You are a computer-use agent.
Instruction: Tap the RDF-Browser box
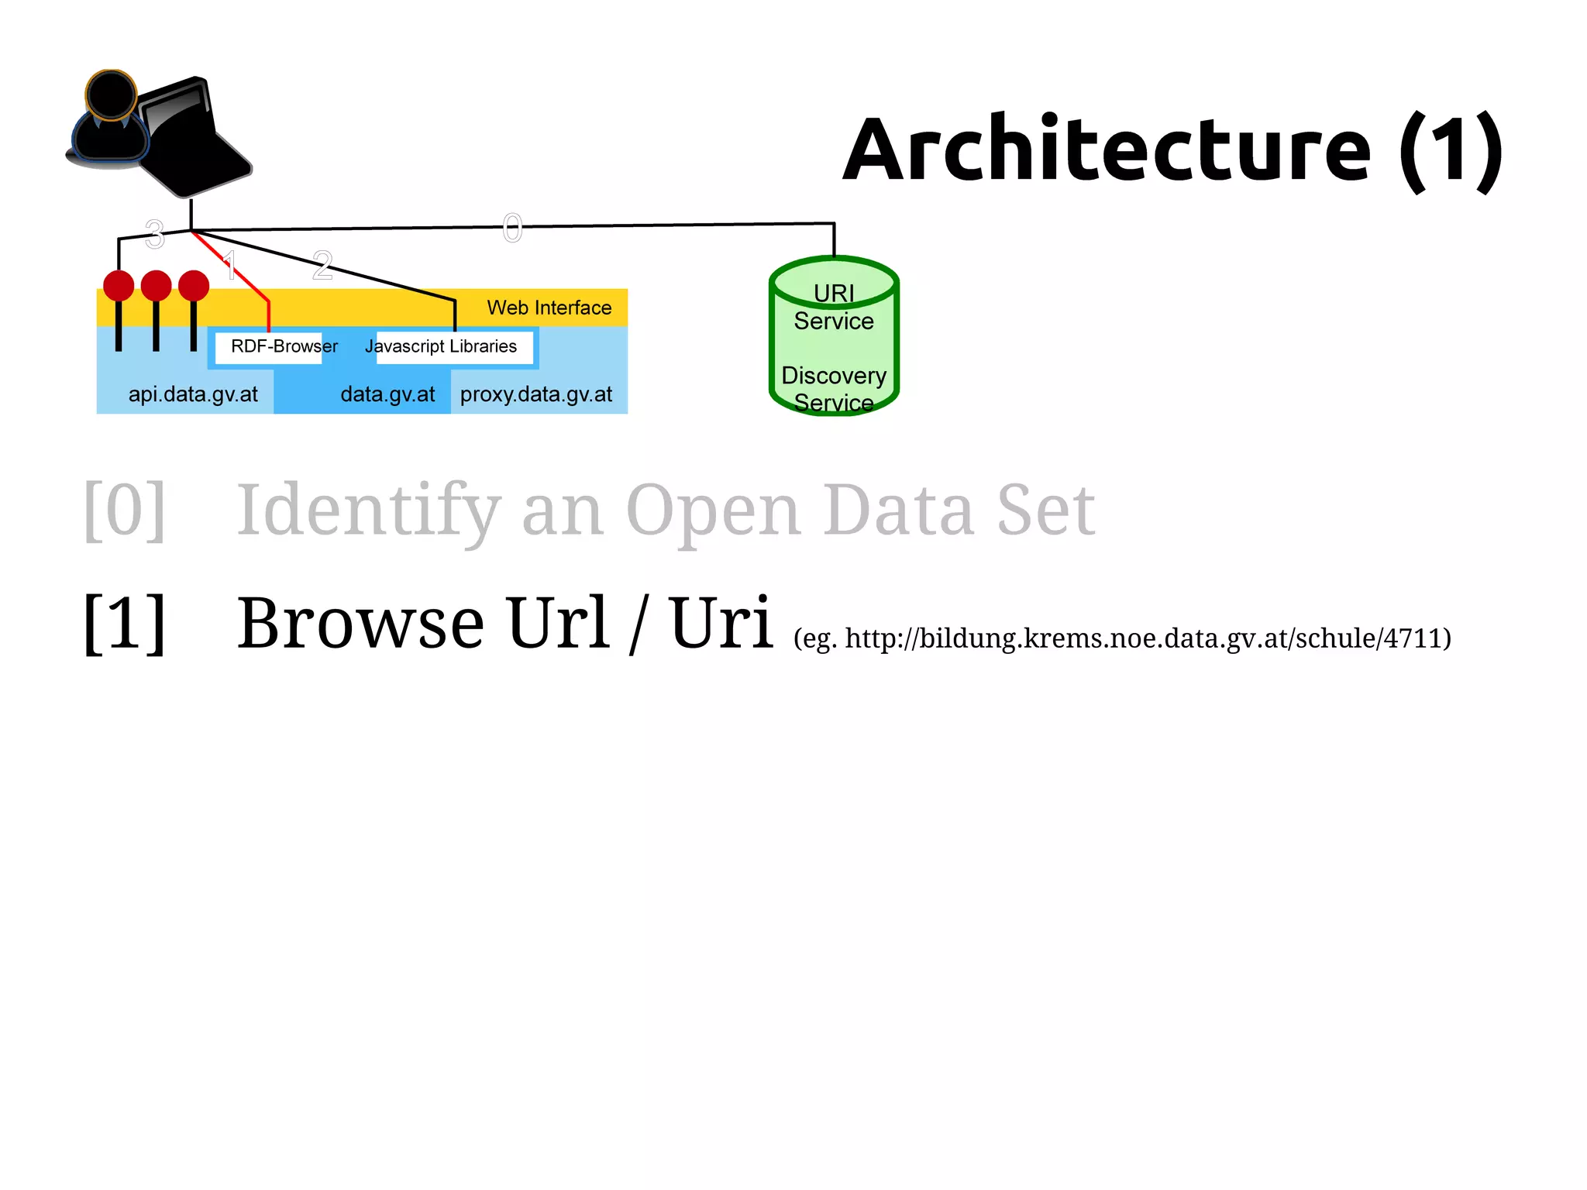284,346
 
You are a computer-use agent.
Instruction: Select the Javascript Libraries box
441,346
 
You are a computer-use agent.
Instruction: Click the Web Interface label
549,308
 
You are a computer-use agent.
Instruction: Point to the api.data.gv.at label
193,394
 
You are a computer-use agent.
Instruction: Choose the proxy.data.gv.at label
535,394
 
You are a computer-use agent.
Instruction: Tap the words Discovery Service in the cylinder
834,388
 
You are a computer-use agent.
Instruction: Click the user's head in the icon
111,95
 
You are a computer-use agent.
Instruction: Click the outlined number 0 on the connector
512,229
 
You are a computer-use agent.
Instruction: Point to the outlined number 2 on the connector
322,266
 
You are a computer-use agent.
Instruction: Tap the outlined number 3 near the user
155,233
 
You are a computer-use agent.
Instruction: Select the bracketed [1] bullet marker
124,623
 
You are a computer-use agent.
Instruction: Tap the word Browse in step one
360,623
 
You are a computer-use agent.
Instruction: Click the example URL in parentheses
1122,638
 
